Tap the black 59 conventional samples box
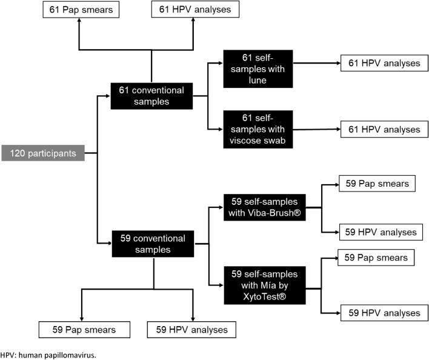153,243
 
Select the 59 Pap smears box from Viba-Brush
376,183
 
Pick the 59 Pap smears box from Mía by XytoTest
376,258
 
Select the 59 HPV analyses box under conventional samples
191,330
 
